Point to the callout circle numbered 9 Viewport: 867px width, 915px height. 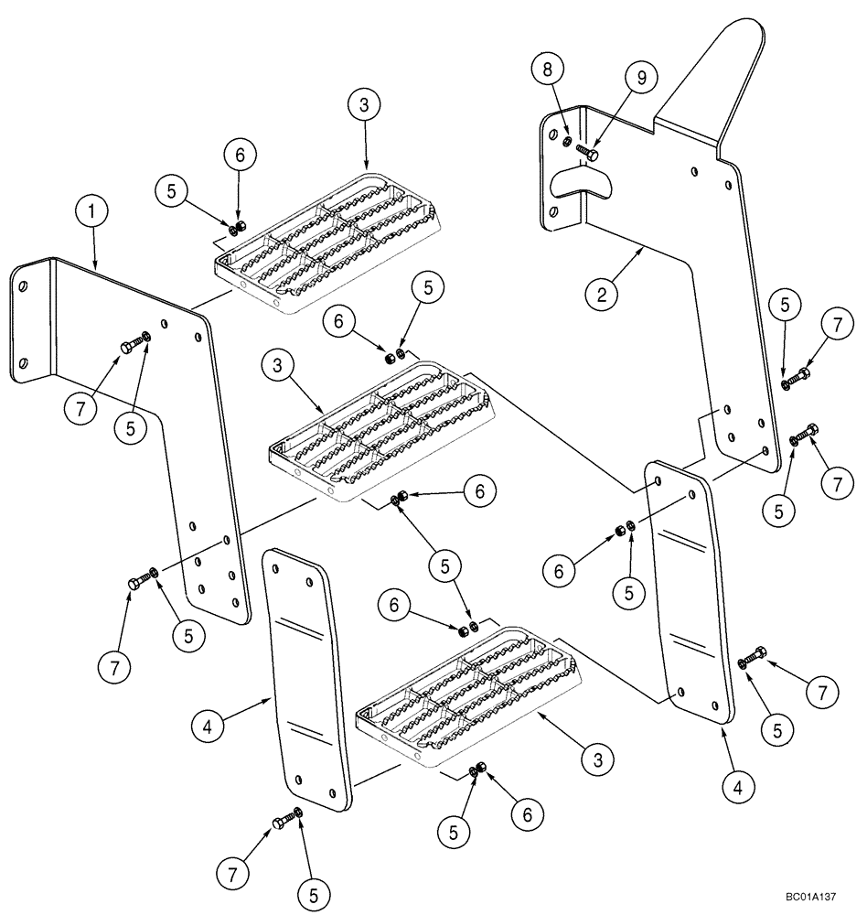[x=640, y=79]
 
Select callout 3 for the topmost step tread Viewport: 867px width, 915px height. [x=364, y=105]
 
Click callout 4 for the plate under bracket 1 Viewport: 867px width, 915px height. [x=209, y=728]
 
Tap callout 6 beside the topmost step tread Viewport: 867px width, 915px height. [x=240, y=156]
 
